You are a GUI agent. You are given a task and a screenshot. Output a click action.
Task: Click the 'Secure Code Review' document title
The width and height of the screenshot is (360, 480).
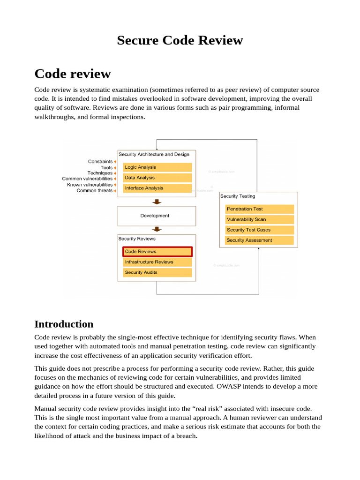point(180,40)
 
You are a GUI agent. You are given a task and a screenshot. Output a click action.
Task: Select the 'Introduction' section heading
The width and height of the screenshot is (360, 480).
point(64,324)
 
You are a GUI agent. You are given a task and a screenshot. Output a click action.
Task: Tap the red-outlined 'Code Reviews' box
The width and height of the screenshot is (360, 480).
point(157,252)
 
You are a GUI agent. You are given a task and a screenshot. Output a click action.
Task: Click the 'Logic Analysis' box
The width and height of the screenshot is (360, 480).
point(157,167)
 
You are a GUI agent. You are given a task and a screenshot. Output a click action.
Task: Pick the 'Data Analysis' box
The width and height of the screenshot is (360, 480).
point(157,178)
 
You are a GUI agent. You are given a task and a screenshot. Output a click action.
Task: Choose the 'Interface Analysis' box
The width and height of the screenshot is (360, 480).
point(157,188)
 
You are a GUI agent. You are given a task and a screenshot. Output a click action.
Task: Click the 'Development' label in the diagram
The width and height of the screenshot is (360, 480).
point(155,216)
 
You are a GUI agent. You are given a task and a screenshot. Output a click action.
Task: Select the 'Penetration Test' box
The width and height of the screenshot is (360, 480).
point(259,209)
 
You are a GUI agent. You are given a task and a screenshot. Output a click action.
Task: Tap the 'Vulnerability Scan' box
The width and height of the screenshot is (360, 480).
point(259,219)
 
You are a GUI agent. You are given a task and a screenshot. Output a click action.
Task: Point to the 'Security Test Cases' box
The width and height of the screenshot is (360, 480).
point(259,230)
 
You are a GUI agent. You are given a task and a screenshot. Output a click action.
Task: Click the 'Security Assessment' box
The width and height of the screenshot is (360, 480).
point(259,240)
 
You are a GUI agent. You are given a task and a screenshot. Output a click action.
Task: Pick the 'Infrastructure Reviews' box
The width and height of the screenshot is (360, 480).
point(157,262)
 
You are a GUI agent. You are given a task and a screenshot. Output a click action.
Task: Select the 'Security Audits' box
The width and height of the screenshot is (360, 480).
point(157,272)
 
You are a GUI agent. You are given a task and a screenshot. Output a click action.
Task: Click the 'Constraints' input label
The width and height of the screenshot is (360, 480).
point(100,162)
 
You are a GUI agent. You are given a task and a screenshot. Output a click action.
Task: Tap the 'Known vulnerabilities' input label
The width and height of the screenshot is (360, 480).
point(90,185)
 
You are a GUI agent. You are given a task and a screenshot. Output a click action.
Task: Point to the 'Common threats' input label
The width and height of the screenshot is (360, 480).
point(95,191)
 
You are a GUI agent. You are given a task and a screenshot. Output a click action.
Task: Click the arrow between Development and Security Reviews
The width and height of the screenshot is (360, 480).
point(157,229)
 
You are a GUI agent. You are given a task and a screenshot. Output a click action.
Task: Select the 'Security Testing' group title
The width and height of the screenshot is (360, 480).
point(238,196)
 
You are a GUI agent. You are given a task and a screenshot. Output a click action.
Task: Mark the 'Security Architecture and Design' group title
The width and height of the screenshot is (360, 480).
point(154,154)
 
